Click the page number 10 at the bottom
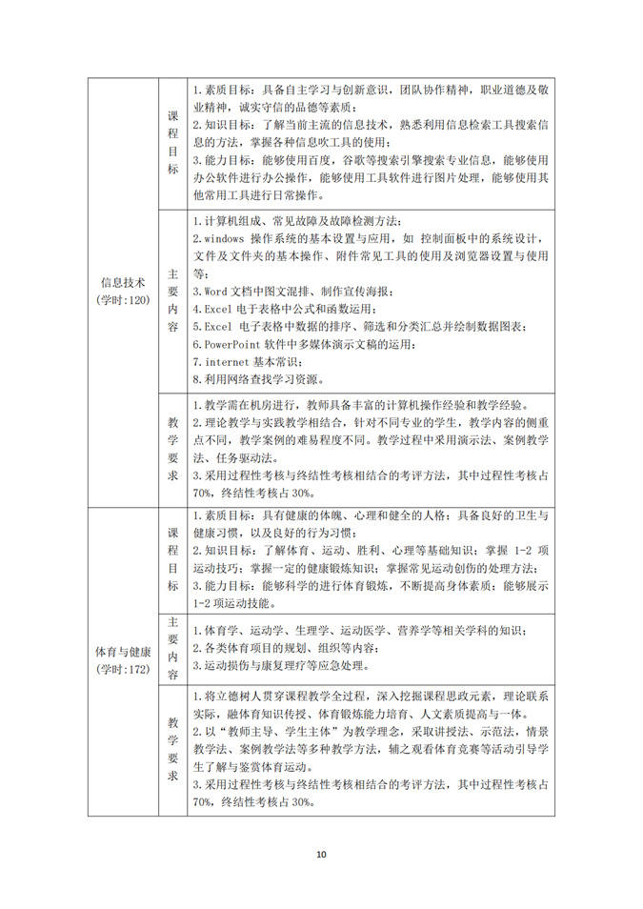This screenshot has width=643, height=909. pyautogui.click(x=321, y=854)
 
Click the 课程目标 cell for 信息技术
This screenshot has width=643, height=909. pyautogui.click(x=173, y=142)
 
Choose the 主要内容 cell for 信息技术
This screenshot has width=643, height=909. pyautogui.click(x=173, y=299)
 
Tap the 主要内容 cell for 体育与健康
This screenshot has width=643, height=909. pyautogui.click(x=173, y=648)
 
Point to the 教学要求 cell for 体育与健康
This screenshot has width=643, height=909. pyautogui.click(x=173, y=750)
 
